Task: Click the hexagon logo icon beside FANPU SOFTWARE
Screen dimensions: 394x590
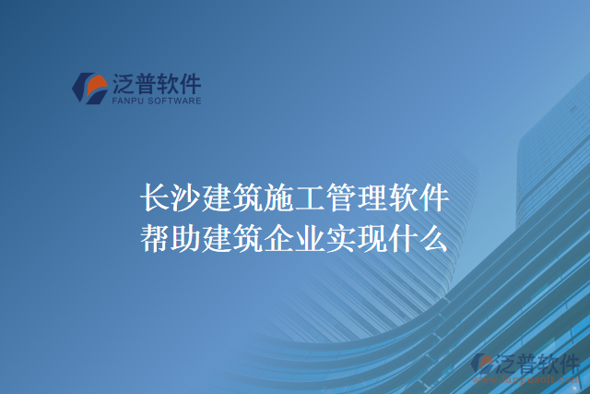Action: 88,87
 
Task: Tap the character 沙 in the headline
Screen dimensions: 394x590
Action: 185,198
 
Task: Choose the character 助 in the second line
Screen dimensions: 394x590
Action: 185,240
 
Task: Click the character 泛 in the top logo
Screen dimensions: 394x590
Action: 124,84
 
